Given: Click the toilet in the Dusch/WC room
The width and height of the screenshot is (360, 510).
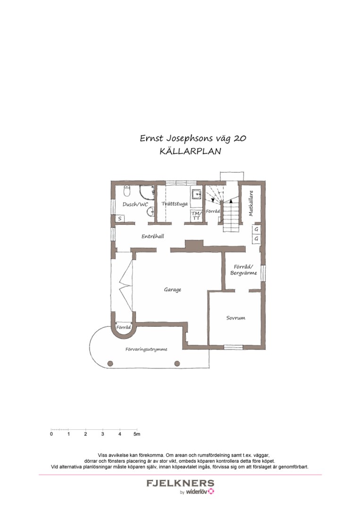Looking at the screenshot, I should (x=127, y=191).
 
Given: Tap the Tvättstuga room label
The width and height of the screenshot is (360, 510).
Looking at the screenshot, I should (x=175, y=204).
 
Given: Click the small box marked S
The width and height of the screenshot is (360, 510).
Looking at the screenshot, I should (x=120, y=219).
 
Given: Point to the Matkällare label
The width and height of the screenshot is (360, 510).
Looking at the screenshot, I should (x=251, y=203).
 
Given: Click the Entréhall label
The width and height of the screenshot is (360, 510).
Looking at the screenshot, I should (x=153, y=236).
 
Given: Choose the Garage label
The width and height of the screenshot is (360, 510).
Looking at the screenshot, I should (x=173, y=289).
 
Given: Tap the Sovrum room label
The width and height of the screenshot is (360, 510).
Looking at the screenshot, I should (x=235, y=318).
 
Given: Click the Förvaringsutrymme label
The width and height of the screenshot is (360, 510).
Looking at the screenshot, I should (x=147, y=349).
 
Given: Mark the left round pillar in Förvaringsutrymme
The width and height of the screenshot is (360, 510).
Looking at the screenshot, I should (x=110, y=363).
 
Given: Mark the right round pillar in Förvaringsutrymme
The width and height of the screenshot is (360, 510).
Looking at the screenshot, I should (x=177, y=363).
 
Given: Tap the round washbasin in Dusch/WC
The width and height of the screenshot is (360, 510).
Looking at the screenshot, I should (x=151, y=212).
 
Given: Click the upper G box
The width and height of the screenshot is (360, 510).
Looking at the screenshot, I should (x=256, y=229).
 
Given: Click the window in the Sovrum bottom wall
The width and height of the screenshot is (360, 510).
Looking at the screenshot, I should (x=233, y=348).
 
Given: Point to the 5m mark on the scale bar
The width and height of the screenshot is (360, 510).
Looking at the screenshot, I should (x=136, y=433).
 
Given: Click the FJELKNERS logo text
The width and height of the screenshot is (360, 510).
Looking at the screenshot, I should (x=180, y=484).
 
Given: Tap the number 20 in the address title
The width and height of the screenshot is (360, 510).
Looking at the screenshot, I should (x=239, y=138).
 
